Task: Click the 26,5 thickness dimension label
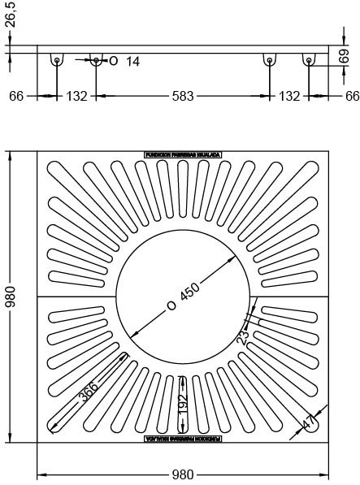(x=9, y=14)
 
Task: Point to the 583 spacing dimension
(x=183, y=97)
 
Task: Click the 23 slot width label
(x=243, y=337)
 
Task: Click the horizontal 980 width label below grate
(x=183, y=474)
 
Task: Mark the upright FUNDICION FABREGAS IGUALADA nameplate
(x=183, y=154)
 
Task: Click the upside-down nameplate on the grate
(x=183, y=439)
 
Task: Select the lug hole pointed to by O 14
(x=96, y=60)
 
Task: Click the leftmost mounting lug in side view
(x=57, y=61)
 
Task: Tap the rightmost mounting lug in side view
(x=309, y=61)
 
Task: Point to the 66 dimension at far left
(x=16, y=97)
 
